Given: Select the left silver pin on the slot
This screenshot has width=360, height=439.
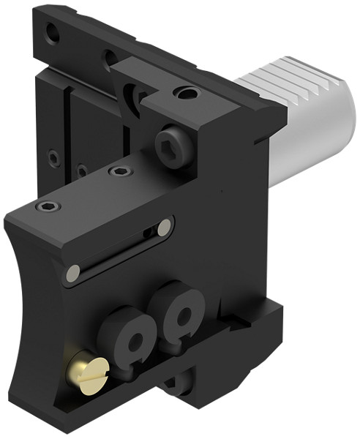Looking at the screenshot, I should click(72, 274).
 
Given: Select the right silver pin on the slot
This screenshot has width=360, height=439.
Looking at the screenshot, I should click(165, 226).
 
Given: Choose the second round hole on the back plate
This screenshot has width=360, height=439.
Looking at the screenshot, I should click(109, 57).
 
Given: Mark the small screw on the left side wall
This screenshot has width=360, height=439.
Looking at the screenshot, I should click(53, 157).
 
